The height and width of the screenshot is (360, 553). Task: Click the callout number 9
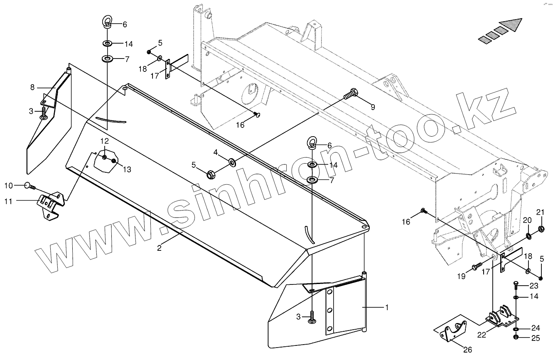coord(373,107)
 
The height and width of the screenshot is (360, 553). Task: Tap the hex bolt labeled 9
coord(351,94)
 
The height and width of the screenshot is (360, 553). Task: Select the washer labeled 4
coord(232,161)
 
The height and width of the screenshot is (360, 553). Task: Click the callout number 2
coord(159,249)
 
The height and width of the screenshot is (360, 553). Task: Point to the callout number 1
coord(387,308)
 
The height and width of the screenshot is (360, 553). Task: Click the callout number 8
coord(32,88)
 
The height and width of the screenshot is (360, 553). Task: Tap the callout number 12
coord(104,141)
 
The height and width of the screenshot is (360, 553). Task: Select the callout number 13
coord(126,169)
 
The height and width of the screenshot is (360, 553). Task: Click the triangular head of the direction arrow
coord(512,26)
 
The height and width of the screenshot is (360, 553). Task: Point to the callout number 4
coord(216,152)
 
